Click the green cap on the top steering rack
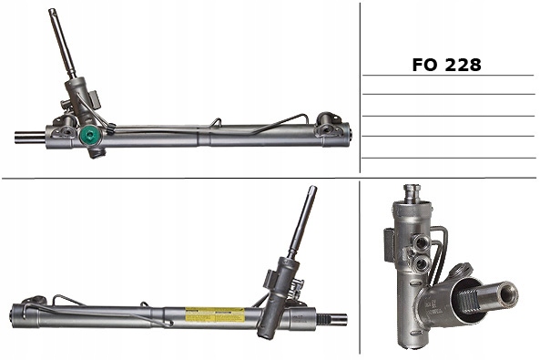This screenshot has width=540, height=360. [x=90, y=136]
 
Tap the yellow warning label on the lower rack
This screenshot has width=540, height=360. [x=215, y=314]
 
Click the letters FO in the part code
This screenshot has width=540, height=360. [x=425, y=65]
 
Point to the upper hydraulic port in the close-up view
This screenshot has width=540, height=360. [x=421, y=243]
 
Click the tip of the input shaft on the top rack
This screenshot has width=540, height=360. [x=52, y=11]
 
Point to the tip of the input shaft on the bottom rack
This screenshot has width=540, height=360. [x=312, y=189]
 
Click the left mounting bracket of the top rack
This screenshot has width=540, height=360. [x=65, y=127]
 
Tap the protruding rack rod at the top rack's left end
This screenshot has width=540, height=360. [x=30, y=137]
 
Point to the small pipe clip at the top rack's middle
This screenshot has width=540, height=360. [x=217, y=122]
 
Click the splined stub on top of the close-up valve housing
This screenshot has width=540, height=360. [x=413, y=193]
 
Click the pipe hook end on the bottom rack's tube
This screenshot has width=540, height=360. [x=168, y=324]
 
